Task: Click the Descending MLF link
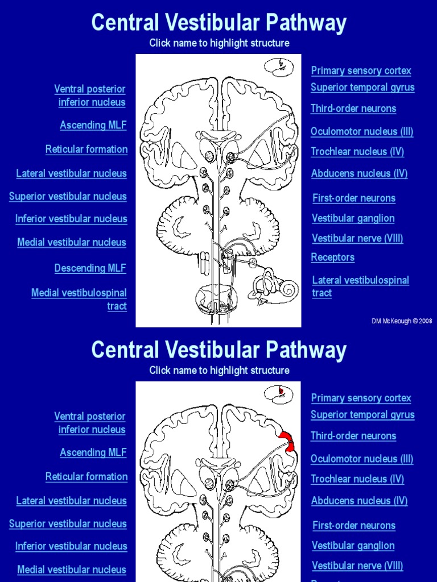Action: click(x=90, y=268)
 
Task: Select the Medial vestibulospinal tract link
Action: click(x=79, y=300)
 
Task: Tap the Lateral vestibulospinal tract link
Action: click(x=360, y=286)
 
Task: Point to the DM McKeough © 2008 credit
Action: click(x=402, y=321)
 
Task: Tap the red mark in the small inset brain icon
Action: click(x=281, y=390)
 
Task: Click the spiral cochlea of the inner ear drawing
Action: click(x=288, y=290)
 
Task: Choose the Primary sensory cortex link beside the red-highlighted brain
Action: click(x=361, y=398)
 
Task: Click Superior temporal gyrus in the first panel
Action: click(x=362, y=88)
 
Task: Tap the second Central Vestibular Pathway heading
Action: click(x=218, y=350)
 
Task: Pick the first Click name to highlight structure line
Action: click(x=219, y=43)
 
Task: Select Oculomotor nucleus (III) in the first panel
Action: click(x=361, y=132)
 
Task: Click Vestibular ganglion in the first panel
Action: click(x=353, y=218)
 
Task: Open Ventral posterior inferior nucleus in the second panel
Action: click(x=90, y=423)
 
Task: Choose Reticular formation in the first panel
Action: click(x=86, y=149)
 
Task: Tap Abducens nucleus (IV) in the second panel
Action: click(x=359, y=501)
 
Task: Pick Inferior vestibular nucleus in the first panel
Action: click(x=71, y=219)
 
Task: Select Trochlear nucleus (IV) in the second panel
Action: click(x=357, y=479)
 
